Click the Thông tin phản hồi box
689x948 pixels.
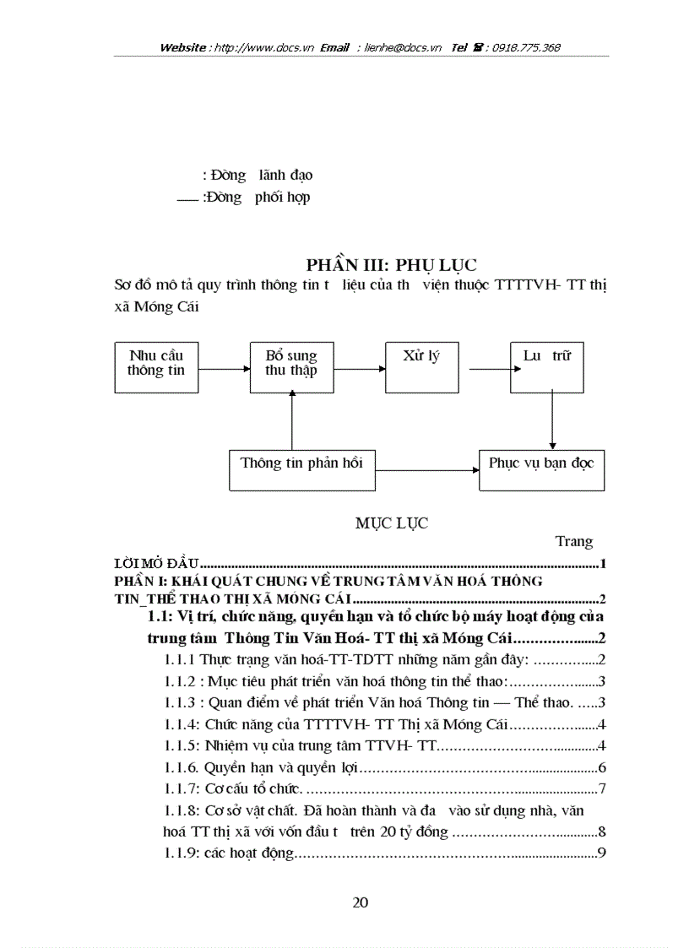pyautogui.click(x=302, y=469)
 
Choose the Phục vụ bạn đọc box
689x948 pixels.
pyautogui.click(x=541, y=469)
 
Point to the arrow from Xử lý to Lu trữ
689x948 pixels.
pyautogui.click(x=490, y=369)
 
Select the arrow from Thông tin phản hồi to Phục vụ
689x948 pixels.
pyautogui.click(x=424, y=469)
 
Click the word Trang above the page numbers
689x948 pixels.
pyautogui.click(x=574, y=542)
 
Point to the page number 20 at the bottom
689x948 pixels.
pyautogui.click(x=361, y=902)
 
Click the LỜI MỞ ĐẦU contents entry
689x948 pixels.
pyautogui.click(x=156, y=564)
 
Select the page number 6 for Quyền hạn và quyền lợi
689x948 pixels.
pyautogui.click(x=602, y=768)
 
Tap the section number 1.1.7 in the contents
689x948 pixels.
pyautogui.click(x=179, y=789)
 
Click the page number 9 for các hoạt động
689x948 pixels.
pyautogui.click(x=602, y=853)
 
